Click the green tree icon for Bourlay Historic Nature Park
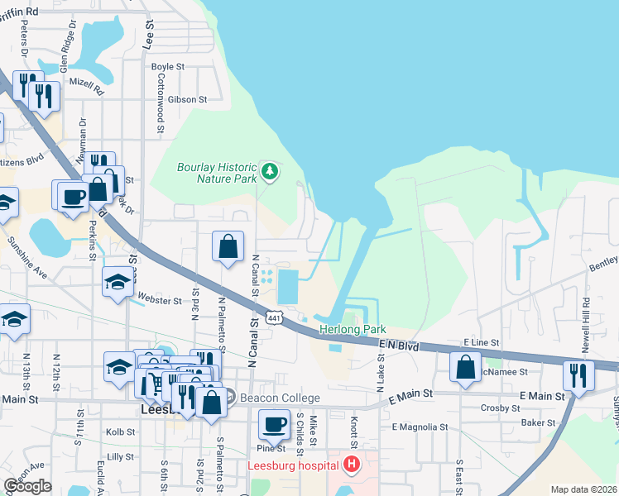[x=269, y=172]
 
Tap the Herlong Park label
[x=353, y=330]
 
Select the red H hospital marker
[x=352, y=465]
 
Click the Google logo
[x=27, y=486]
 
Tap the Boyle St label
[x=167, y=67]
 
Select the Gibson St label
[x=186, y=99]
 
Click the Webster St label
[x=161, y=301]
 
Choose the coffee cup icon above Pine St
[x=275, y=425]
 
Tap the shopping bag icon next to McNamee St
[x=466, y=366]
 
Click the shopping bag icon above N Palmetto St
[x=228, y=246]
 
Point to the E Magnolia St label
[x=420, y=427]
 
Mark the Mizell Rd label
[x=86, y=84]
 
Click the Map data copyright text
[x=583, y=489]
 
